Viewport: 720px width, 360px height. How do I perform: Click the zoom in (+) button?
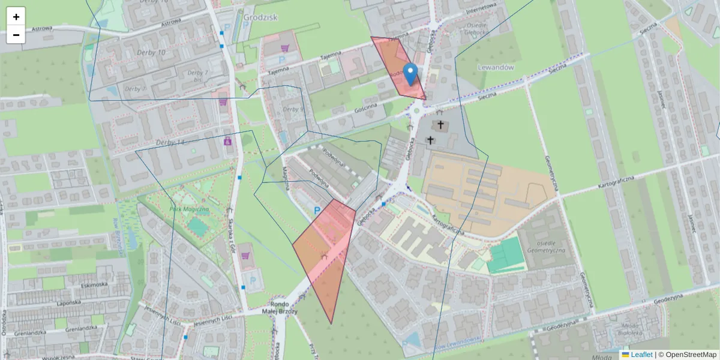pyautogui.click(x=16, y=17)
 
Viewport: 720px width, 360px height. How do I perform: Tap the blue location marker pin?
pyautogui.click(x=410, y=74)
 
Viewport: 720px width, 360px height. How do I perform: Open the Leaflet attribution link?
pyautogui.click(x=641, y=355)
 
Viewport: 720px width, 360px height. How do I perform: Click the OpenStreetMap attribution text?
pyautogui.click(x=691, y=355)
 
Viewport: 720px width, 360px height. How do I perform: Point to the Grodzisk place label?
pyautogui.click(x=261, y=17)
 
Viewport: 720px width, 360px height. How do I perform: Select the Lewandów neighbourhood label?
pyautogui.click(x=496, y=68)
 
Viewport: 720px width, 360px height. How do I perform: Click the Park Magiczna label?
pyautogui.click(x=188, y=209)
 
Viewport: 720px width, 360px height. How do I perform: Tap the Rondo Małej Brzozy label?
pyautogui.click(x=268, y=307)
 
